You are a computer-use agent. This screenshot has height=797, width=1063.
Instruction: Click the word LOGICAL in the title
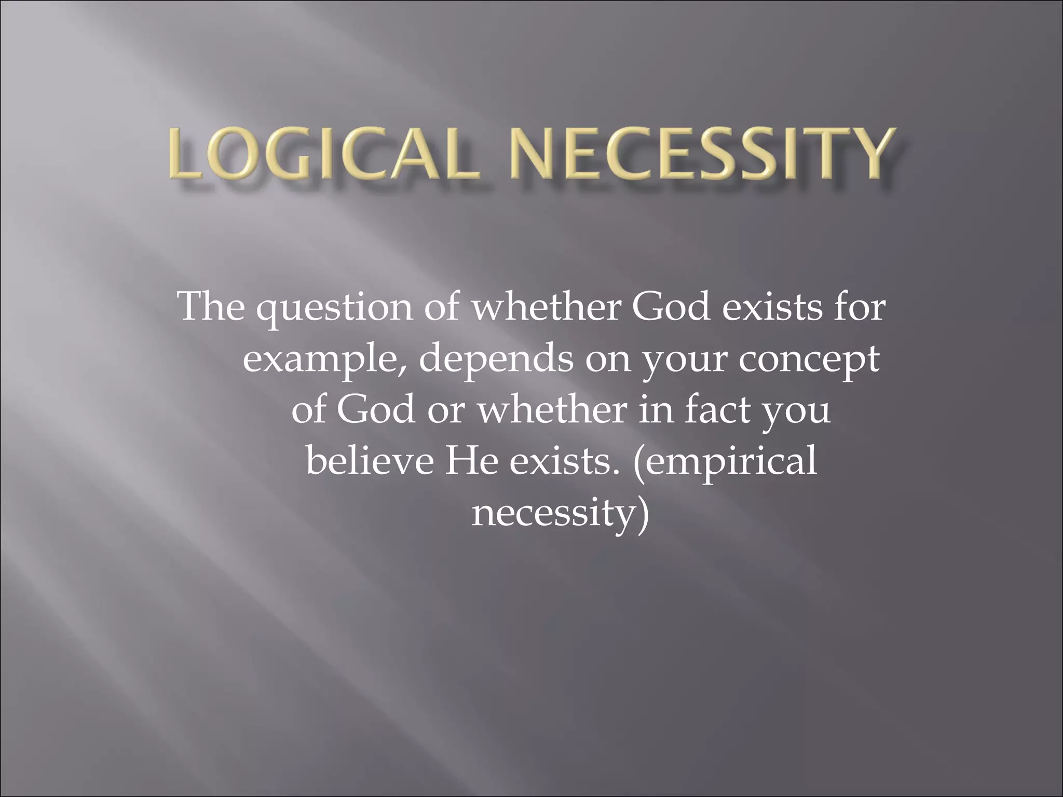tap(322, 154)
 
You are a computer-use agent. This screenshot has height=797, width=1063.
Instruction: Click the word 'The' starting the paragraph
tap(211, 307)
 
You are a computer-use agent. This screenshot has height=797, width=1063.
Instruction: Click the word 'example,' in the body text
tap(325, 360)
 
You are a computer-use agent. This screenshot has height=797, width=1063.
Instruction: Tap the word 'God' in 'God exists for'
tap(670, 307)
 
